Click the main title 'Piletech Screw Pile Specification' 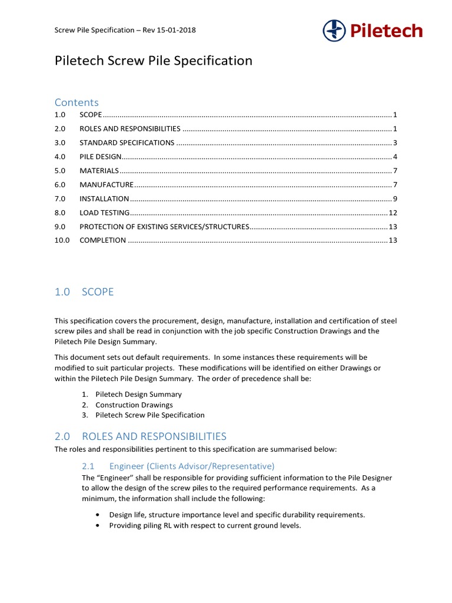tap(154, 61)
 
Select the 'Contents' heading tap(77, 102)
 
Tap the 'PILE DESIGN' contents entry tap(101, 157)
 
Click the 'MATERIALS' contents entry tap(99, 171)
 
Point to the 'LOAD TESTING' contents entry tap(104, 213)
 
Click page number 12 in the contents tap(393, 213)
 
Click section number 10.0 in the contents tap(62, 240)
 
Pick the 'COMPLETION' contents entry tap(102, 240)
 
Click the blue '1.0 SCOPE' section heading tap(84, 292)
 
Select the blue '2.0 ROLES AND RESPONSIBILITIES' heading tap(140, 436)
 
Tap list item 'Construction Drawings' tap(134, 405)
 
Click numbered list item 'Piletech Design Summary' tap(138, 395)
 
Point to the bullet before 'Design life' tap(98, 515)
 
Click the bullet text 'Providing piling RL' tap(205, 525)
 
